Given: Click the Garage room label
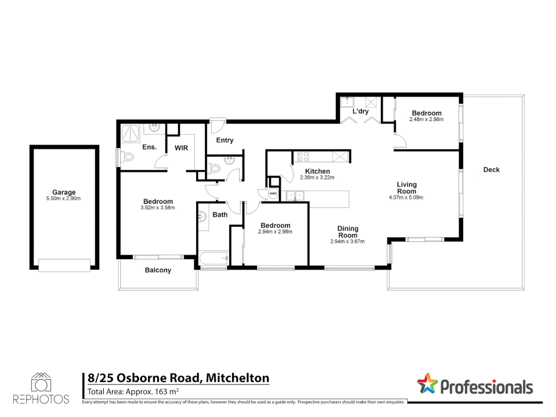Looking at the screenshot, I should (x=64, y=192).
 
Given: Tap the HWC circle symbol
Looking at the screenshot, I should (x=273, y=193).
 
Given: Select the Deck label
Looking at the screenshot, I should (x=491, y=170).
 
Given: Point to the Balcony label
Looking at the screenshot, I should (x=158, y=270).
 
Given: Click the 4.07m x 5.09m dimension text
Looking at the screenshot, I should (x=406, y=197).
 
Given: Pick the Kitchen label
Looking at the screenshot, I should (x=317, y=171).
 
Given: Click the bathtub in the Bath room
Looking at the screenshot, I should (x=214, y=257).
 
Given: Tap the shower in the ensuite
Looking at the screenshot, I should (x=131, y=134).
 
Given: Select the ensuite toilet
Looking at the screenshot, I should (x=128, y=157).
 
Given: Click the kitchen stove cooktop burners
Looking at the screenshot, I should (x=303, y=156).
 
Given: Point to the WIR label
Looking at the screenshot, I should (x=181, y=147).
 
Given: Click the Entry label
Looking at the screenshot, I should (x=225, y=140).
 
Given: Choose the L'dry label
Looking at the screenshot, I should (x=360, y=111).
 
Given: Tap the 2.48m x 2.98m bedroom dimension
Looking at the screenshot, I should (x=426, y=119).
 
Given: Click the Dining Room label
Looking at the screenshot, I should (x=347, y=232).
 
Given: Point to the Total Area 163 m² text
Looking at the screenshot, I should (x=133, y=392).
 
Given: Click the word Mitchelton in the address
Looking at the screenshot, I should (x=237, y=378).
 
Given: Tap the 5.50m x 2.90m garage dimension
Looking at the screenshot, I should (x=64, y=198).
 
